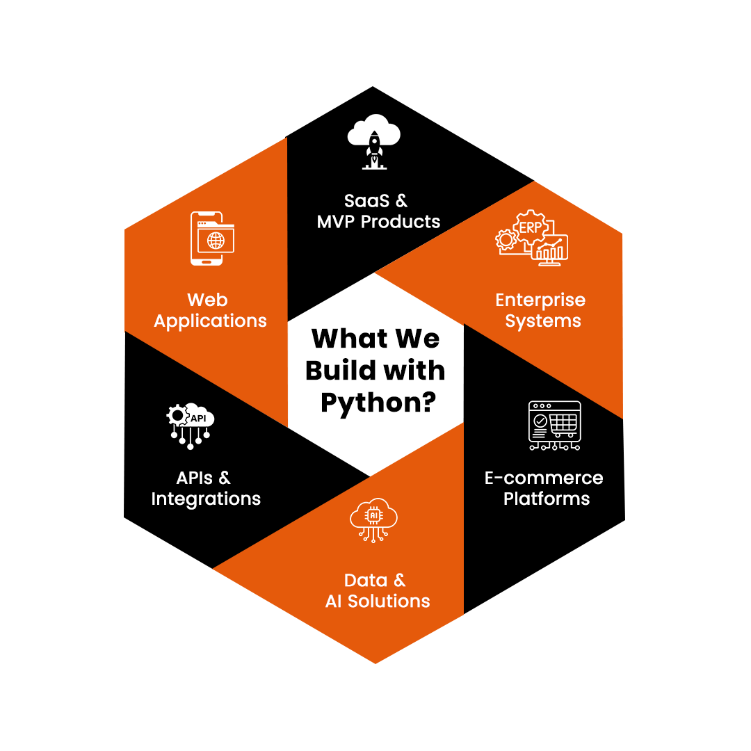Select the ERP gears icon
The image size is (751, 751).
533,237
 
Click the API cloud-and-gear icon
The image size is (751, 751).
190,424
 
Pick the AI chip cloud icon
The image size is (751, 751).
374,519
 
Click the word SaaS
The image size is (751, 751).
366,201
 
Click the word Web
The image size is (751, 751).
207,300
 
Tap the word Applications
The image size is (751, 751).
210,321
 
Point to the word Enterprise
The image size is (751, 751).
540,300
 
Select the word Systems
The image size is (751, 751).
543,321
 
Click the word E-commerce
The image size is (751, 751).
544,478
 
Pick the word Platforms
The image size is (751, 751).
546,499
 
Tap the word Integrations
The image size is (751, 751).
206,499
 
